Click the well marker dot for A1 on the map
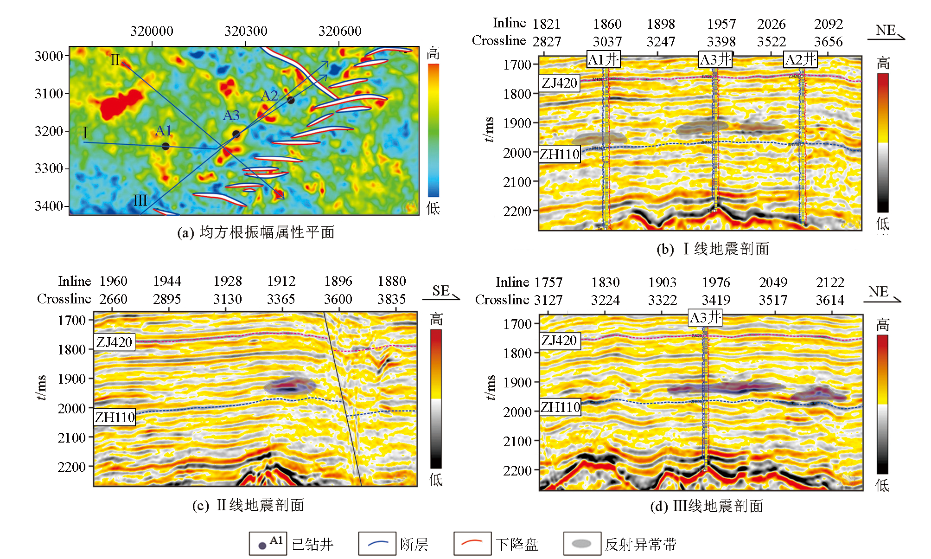[166, 146]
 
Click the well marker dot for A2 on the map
[291, 100]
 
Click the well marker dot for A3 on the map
[236, 134]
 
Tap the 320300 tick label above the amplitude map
[246, 31]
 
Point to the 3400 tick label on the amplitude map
[49, 206]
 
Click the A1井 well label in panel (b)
[603, 59]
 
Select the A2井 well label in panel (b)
[801, 59]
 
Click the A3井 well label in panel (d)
[705, 318]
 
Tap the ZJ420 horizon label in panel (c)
[114, 342]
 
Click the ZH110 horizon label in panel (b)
[560, 154]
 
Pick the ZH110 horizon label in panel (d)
[560, 407]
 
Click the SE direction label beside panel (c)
[441, 291]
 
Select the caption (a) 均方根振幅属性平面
[256, 232]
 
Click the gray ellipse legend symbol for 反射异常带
[581, 544]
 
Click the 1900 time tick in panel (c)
[71, 379]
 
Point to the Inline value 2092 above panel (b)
[829, 24]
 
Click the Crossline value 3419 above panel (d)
[716, 300]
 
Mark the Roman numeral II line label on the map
[115, 60]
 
